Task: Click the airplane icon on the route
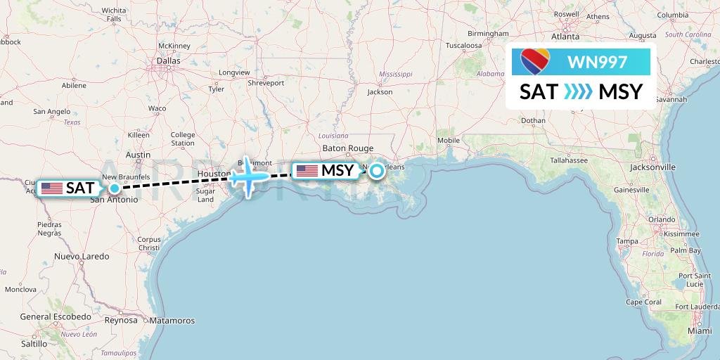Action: [x=247, y=176]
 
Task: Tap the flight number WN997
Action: [x=597, y=62]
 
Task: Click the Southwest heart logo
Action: [x=536, y=62]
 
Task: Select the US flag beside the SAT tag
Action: [x=52, y=188]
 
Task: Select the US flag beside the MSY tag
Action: [x=307, y=171]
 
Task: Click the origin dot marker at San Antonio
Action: [x=114, y=188]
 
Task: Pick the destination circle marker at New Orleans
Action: [x=377, y=170]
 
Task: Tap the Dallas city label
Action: [x=168, y=61]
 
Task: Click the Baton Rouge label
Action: [x=347, y=148]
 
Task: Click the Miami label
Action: [x=700, y=330]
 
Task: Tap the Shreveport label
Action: [x=266, y=82]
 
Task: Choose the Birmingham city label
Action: [x=487, y=33]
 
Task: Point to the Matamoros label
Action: [x=172, y=321]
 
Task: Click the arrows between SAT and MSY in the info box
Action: [x=578, y=92]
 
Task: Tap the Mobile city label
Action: [x=448, y=140]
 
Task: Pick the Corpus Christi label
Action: [x=150, y=243]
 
